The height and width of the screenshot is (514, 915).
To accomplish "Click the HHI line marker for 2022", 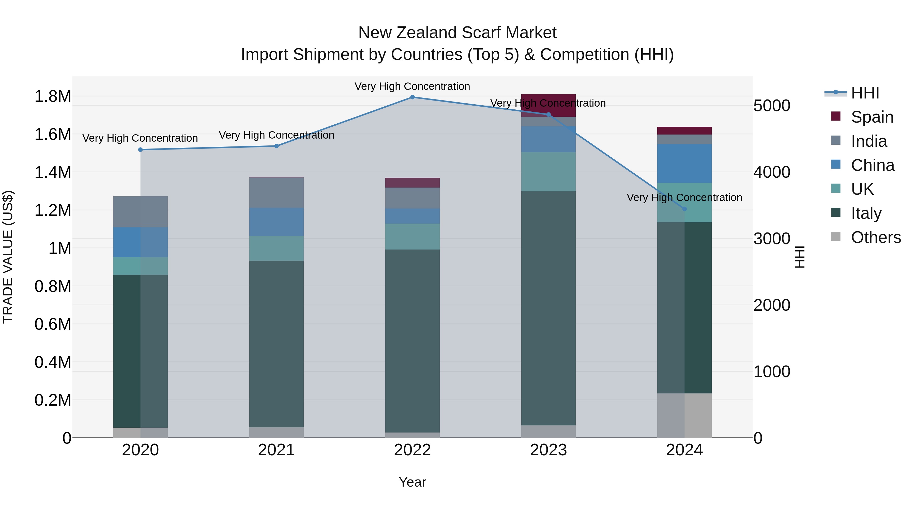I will (x=413, y=97).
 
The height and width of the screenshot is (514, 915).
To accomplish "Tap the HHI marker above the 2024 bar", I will (x=684, y=209).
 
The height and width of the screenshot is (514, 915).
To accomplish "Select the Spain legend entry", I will (x=872, y=117).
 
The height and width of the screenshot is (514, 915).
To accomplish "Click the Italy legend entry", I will (x=866, y=213).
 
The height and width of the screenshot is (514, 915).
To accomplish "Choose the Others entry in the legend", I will (x=876, y=237).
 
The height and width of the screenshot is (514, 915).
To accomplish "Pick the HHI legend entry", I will (x=865, y=93).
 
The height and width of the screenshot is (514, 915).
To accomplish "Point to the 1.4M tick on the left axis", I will (x=53, y=172).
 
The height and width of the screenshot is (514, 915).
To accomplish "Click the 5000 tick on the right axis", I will (x=771, y=106).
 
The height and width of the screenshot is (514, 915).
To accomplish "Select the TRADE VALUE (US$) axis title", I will (x=8, y=257).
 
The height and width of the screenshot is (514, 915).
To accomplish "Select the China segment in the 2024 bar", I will (x=684, y=163).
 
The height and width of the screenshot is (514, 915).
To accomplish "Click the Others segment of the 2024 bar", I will (x=684, y=415).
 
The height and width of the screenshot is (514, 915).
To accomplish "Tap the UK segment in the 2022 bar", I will (x=413, y=236).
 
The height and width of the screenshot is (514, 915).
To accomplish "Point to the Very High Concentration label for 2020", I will (x=140, y=138).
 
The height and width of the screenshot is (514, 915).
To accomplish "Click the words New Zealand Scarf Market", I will (x=457, y=33).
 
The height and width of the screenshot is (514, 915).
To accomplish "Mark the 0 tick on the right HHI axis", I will (x=758, y=438).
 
